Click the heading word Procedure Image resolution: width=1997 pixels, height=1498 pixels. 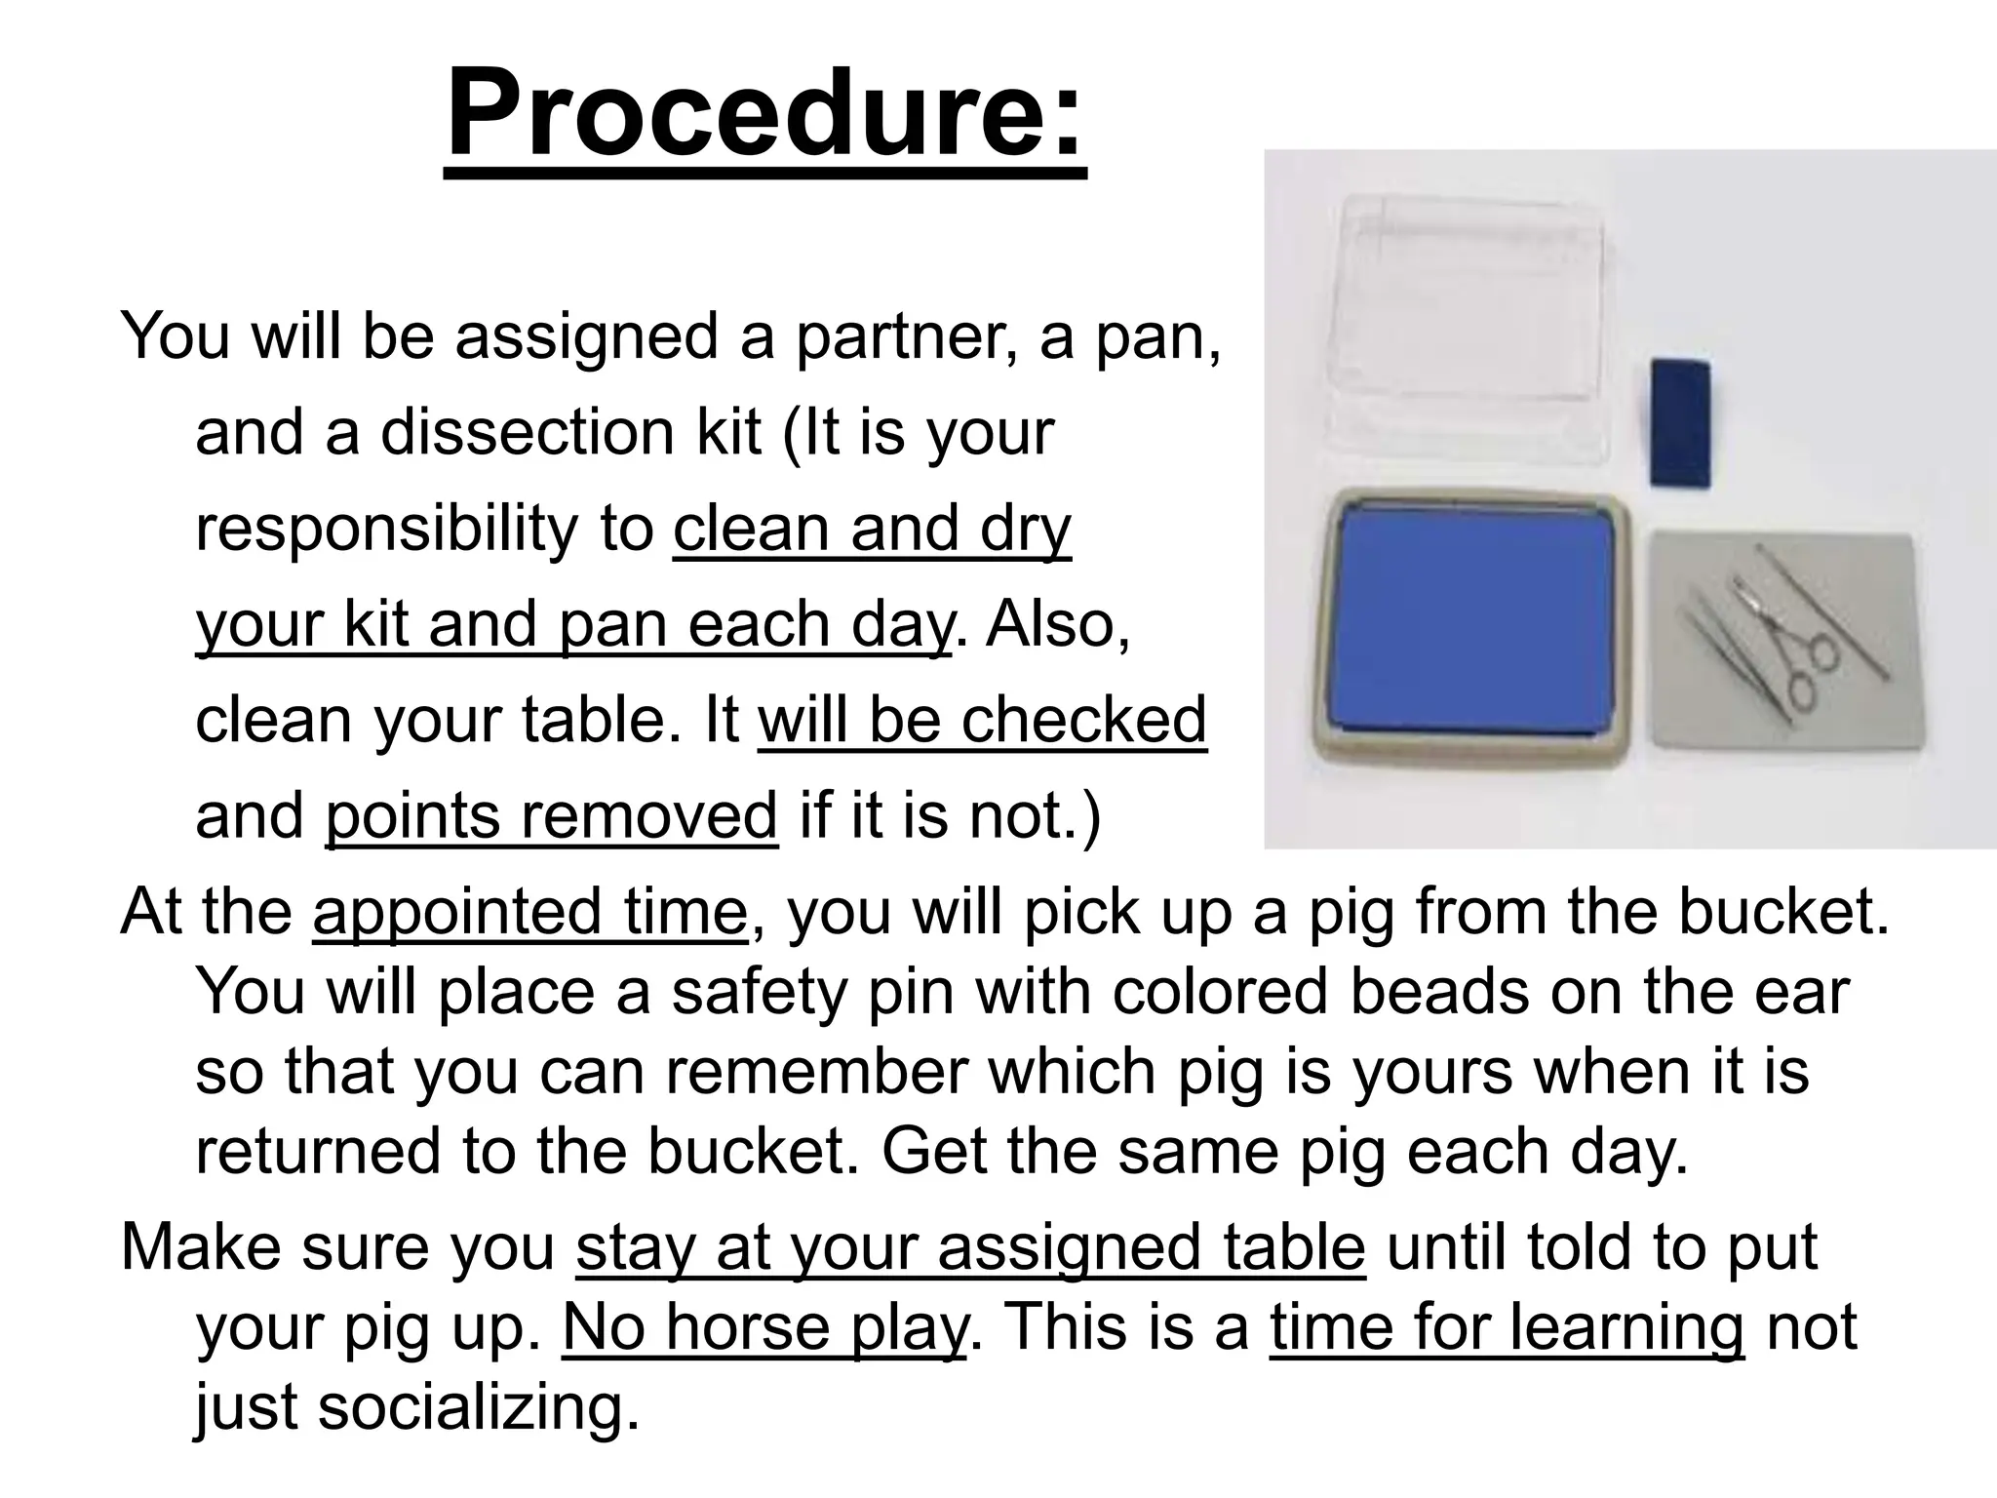pos(764,115)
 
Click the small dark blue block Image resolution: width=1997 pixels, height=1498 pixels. pos(1680,421)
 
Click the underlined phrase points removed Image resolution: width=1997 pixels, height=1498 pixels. pos(551,816)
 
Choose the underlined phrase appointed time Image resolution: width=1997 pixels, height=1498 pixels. pos(529,912)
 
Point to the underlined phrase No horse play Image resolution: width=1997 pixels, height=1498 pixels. pos(764,1327)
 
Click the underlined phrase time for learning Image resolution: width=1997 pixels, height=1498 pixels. pos(1507,1327)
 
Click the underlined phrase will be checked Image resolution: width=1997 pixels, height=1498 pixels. pos(982,721)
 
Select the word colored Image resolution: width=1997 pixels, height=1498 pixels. pos(1219,992)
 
